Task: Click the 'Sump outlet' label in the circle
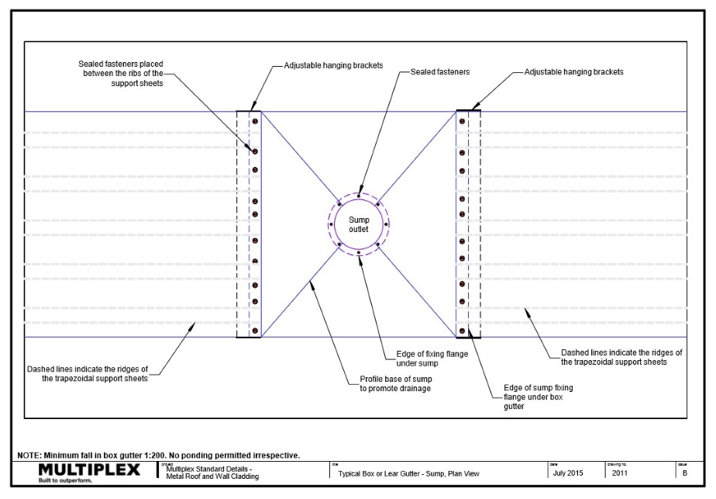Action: [359, 224]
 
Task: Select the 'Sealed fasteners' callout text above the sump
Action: [440, 72]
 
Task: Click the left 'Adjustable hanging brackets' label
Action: [333, 65]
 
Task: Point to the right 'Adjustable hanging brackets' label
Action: [573, 72]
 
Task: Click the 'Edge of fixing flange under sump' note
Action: [432, 359]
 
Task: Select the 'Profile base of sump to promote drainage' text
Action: [395, 383]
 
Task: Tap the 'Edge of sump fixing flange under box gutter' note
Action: [538, 397]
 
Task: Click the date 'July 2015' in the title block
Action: [567, 473]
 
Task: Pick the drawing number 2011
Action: [619, 473]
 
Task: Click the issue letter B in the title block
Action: [684, 473]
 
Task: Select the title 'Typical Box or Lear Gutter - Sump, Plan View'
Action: [408, 474]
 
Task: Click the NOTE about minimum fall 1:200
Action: [158, 456]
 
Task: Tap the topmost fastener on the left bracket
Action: [255, 121]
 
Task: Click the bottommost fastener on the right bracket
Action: [462, 331]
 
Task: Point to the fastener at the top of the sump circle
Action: [359, 196]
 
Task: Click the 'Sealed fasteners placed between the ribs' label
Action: [121, 74]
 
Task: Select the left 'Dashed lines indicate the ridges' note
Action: [88, 374]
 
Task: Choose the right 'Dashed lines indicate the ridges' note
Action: [621, 357]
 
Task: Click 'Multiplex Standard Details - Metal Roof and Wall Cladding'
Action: [212, 473]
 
